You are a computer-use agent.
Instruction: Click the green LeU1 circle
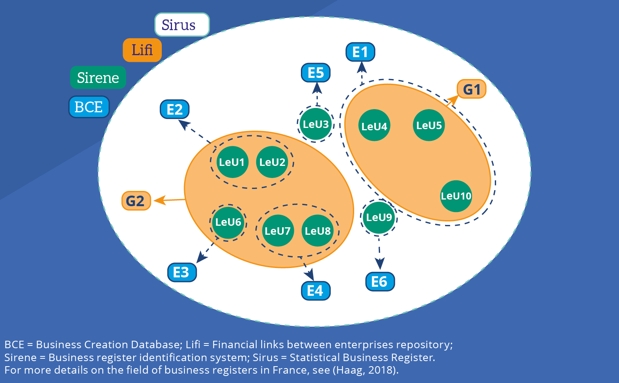(232, 162)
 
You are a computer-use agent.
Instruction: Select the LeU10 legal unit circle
(456, 196)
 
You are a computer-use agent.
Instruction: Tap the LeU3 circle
(316, 124)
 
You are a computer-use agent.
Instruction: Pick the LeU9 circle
(379, 218)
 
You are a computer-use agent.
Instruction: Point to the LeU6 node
(228, 222)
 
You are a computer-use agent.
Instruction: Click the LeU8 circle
(318, 231)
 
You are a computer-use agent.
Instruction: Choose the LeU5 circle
(429, 125)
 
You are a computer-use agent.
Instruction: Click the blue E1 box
(360, 52)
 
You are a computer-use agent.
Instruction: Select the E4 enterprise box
(315, 291)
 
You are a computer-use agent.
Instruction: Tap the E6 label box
(380, 282)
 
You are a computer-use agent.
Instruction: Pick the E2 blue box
(175, 109)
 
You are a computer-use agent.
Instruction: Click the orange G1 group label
(472, 90)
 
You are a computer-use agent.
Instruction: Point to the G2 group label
(136, 201)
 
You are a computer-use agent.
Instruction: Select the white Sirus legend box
(182, 25)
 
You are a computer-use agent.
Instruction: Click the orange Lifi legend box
(142, 50)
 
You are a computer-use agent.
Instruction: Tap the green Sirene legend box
(98, 77)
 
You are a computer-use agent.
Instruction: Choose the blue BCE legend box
(89, 107)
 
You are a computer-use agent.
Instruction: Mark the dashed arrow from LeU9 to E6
(379, 250)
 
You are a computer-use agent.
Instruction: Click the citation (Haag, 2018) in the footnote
(365, 370)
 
